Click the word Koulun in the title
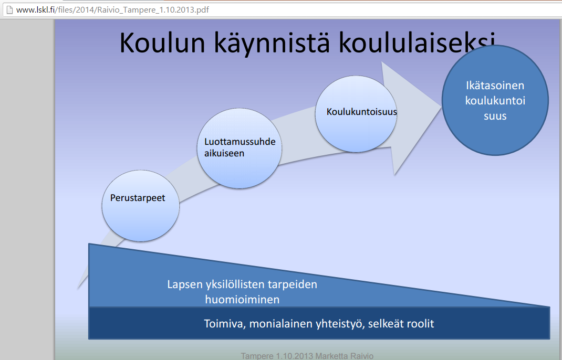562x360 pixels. click(x=162, y=43)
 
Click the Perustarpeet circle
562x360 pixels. click(x=141, y=206)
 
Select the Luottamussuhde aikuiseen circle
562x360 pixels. click(x=240, y=149)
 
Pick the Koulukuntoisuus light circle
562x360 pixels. click(x=356, y=114)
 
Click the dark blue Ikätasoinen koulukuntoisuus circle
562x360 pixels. click(x=495, y=100)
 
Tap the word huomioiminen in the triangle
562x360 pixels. click(x=242, y=300)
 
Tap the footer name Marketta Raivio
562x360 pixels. click(x=345, y=356)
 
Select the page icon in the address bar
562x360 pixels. click(x=9, y=9)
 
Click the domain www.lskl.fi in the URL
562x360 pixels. click(x=36, y=9)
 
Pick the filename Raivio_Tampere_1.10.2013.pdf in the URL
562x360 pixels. click(x=153, y=9)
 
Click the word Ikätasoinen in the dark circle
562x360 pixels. click(x=495, y=85)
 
